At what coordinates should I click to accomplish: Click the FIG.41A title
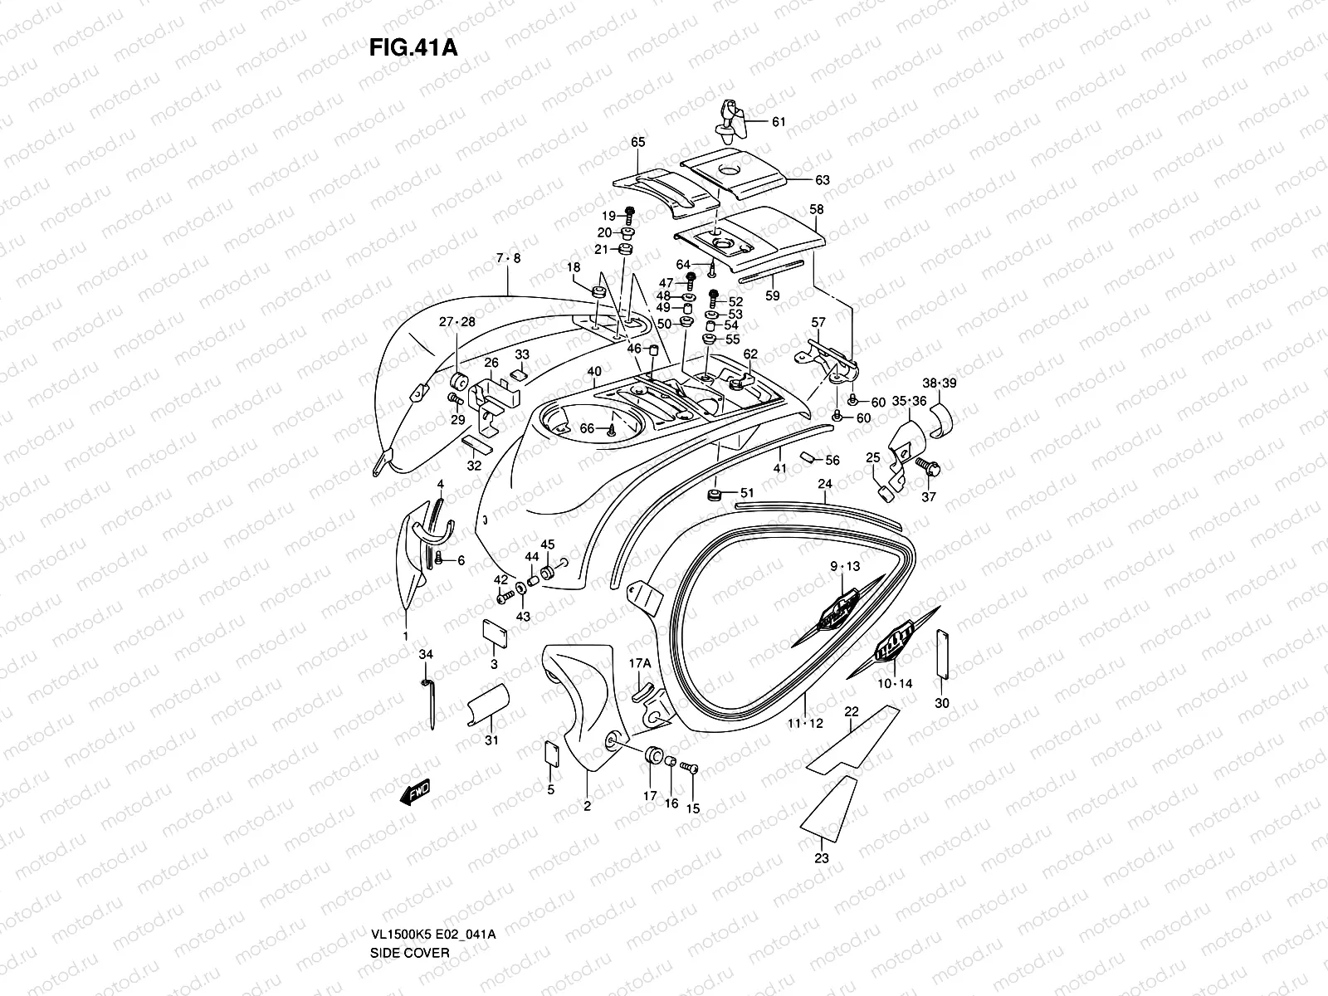[413, 47]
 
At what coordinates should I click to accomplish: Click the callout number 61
[778, 122]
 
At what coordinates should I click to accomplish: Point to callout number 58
[816, 210]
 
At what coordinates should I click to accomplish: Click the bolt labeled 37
[927, 469]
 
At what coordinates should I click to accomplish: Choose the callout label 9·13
[845, 567]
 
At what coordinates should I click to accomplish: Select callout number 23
[821, 858]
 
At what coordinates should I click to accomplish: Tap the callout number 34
[426, 655]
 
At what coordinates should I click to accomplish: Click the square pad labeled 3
[495, 632]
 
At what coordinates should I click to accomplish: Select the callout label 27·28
[456, 322]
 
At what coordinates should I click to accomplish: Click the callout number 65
[637, 142]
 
